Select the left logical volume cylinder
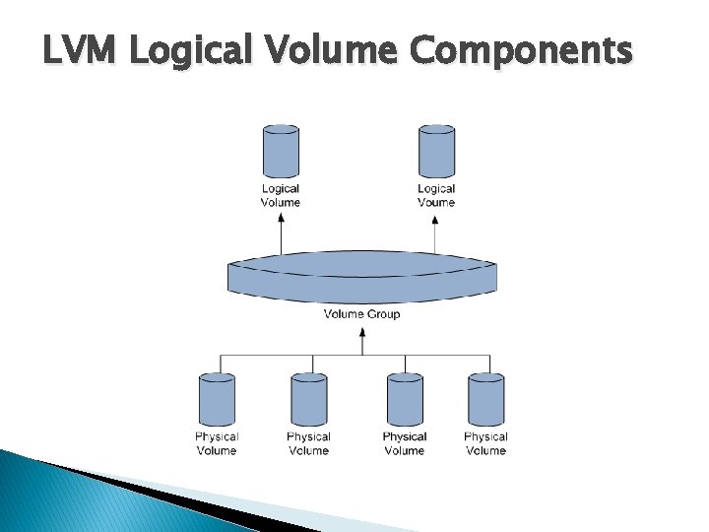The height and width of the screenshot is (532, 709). [281, 152]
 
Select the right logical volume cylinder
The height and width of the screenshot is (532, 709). [436, 152]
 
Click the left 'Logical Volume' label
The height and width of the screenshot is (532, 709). [281, 195]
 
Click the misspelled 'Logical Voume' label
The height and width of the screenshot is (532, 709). [436, 195]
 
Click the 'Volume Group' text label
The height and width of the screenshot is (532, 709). [362, 314]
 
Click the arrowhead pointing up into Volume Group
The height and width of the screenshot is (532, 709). [362, 334]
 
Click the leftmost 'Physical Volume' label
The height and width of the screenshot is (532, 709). [217, 443]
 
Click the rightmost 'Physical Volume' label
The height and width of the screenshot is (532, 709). [485, 443]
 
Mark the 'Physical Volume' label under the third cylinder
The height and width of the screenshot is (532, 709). [405, 443]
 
